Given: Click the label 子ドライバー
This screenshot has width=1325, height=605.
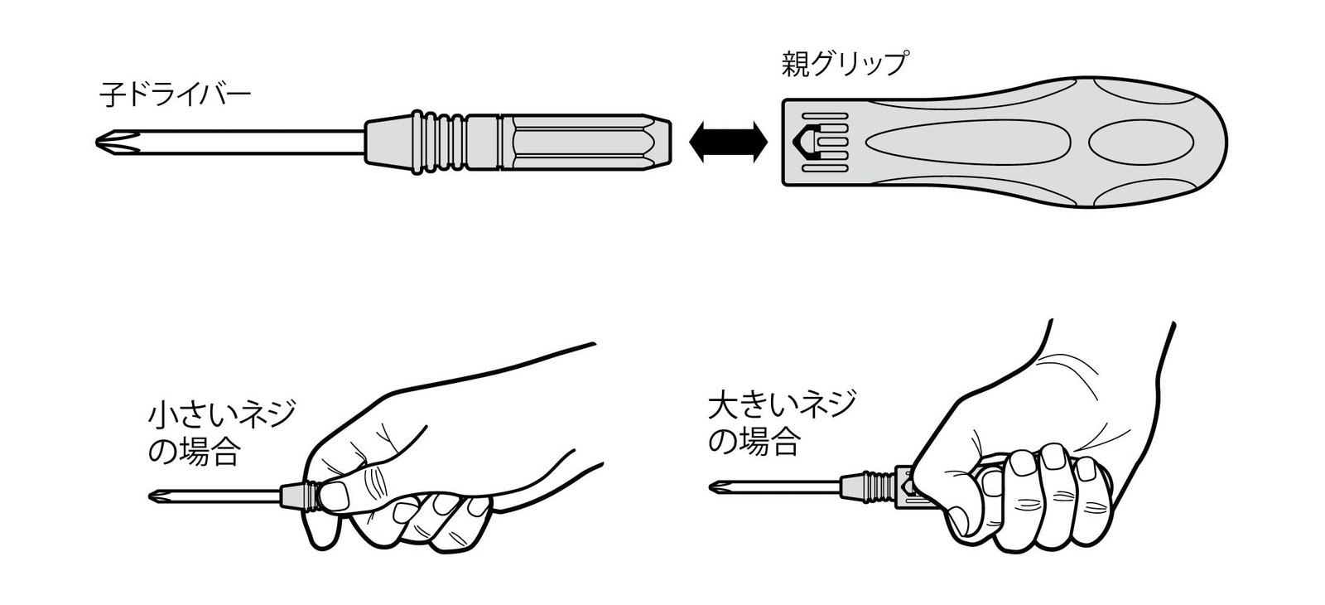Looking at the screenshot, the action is [x=176, y=94].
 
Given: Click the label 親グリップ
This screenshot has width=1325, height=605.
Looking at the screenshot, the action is [x=845, y=64].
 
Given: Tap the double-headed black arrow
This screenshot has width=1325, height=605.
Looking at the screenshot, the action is [x=728, y=142].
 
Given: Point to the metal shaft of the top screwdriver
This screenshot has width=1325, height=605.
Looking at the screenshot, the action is [x=254, y=143].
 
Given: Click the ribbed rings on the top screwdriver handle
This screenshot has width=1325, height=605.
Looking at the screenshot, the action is [x=441, y=142].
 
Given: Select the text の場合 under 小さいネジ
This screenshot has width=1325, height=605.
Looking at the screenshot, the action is [x=194, y=452].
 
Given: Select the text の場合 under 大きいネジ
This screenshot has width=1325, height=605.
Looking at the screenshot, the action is [x=754, y=441].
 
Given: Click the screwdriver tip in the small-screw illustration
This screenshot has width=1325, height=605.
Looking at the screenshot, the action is [x=157, y=496].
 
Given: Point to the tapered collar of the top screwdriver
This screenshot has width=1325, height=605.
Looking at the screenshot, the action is [x=388, y=142].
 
